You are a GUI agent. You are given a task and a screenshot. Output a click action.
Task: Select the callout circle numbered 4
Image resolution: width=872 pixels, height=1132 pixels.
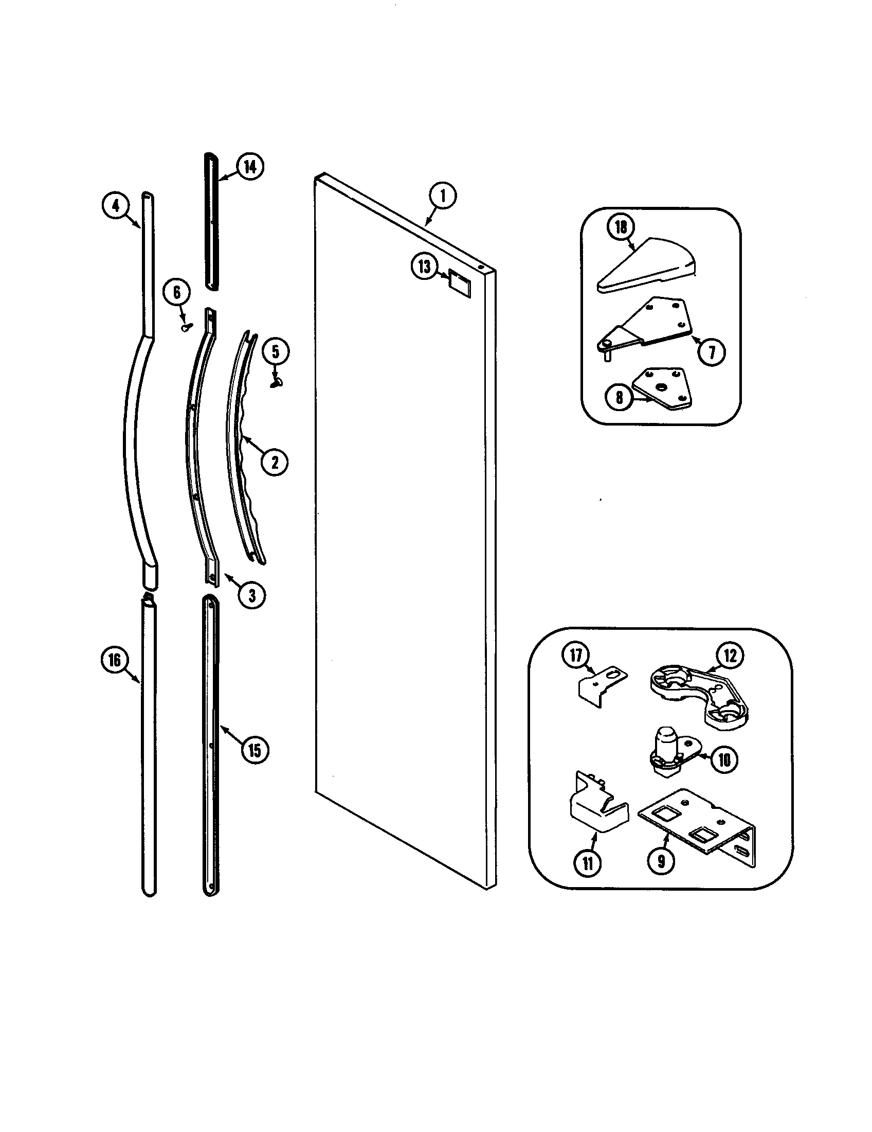point(115,206)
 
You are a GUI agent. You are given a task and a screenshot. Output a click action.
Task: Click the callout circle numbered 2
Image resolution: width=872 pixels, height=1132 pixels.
point(275,461)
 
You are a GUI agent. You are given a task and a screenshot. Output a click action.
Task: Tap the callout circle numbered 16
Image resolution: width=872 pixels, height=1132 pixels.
point(115,660)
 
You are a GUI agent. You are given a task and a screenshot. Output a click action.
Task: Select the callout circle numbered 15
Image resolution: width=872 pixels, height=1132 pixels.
point(254,750)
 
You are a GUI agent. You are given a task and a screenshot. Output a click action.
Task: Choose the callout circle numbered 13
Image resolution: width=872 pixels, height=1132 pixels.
point(425,267)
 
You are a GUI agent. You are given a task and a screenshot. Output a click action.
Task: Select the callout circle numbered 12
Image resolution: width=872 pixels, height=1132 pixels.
point(730,656)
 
